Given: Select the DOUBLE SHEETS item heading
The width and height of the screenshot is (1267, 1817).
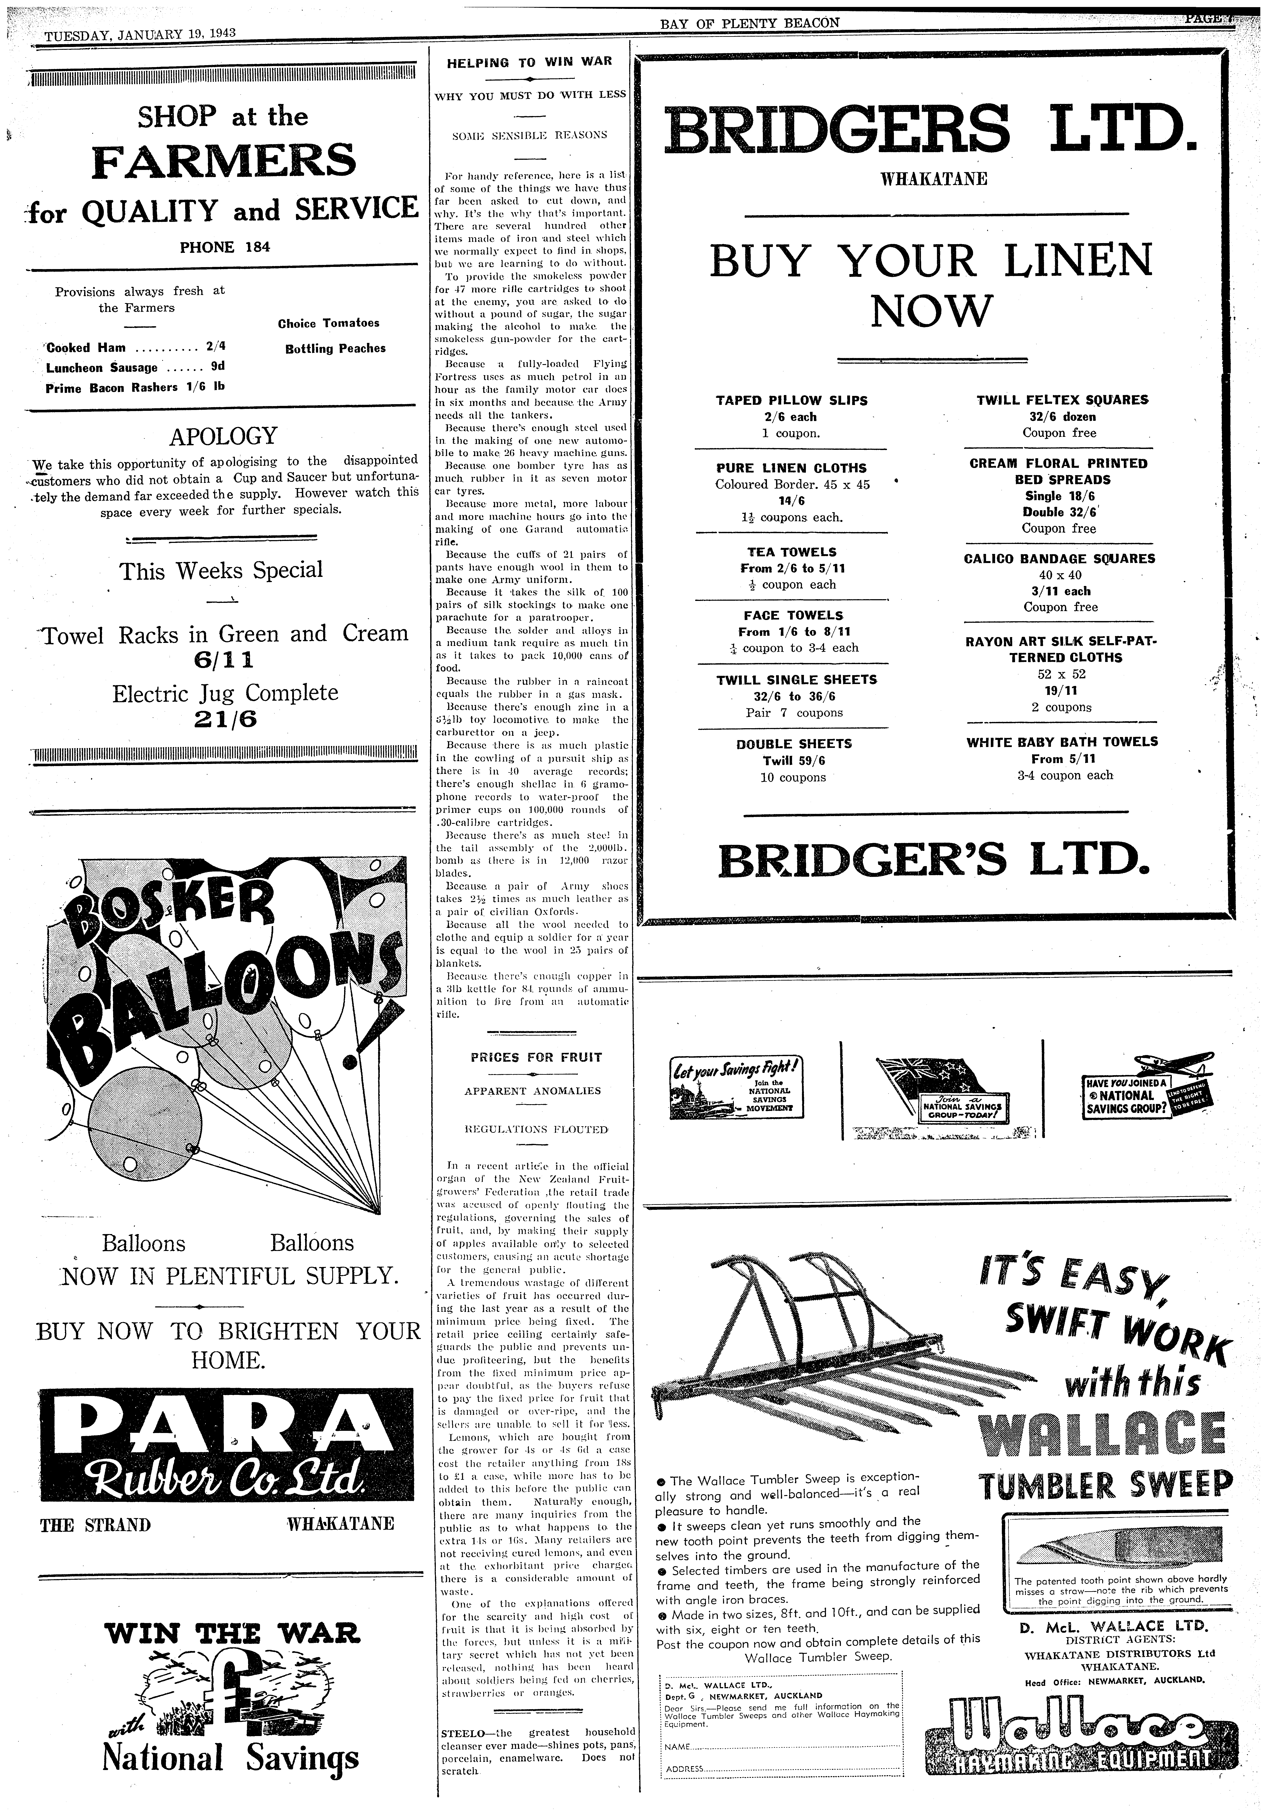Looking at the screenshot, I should coord(793,744).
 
